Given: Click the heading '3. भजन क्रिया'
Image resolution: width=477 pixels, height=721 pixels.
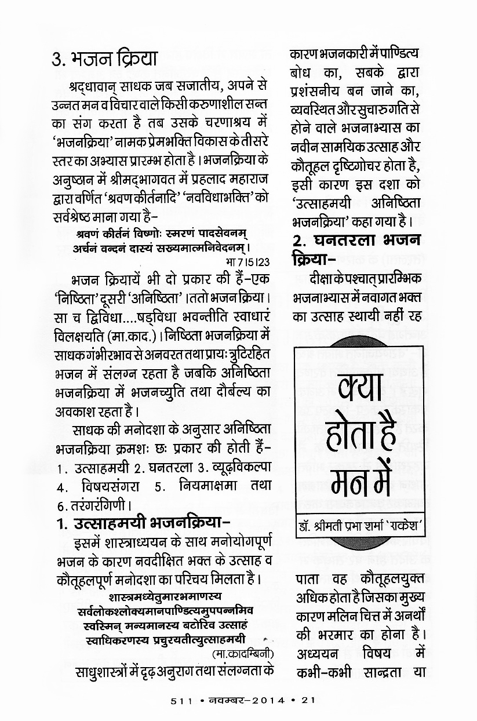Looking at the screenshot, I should [104, 59].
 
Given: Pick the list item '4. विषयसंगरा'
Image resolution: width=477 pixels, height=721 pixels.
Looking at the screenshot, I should [96, 483].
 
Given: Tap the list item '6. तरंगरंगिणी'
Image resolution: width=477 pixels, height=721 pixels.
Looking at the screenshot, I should [93, 502].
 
